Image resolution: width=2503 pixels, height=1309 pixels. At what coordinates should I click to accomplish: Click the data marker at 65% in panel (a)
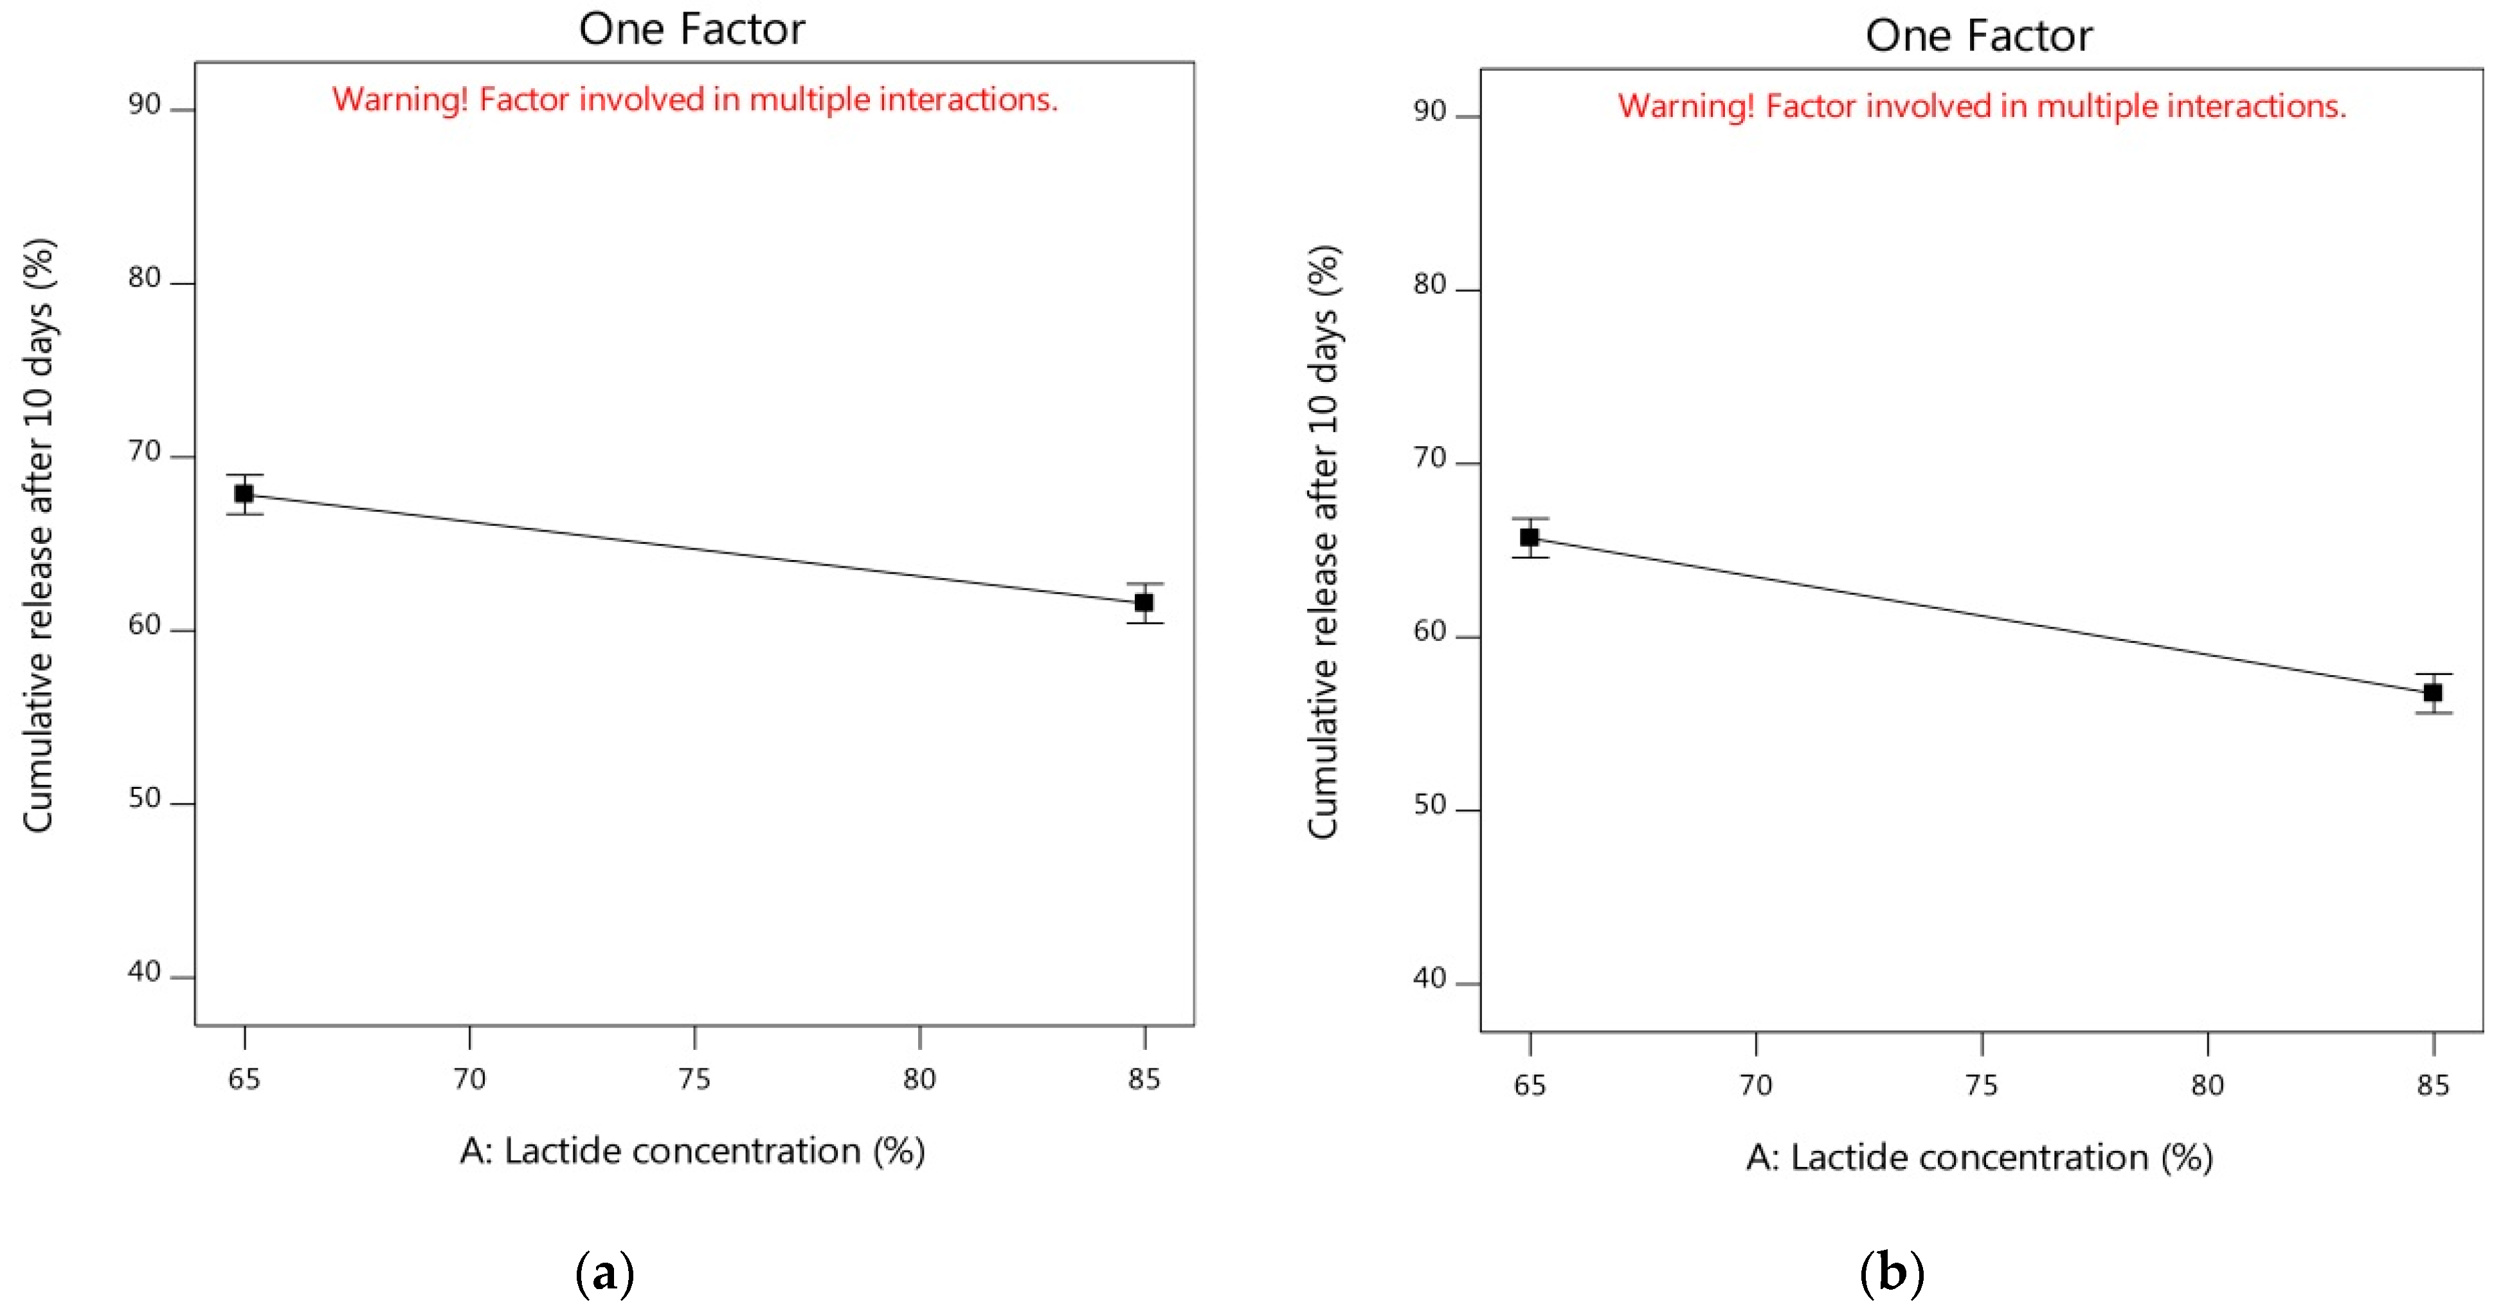tap(244, 494)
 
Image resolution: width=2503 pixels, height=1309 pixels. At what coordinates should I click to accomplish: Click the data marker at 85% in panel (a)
tap(1144, 602)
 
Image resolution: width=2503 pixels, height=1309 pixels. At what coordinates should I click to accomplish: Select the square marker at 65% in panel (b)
tap(1530, 537)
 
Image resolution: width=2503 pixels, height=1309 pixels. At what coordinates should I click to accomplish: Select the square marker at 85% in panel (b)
tap(2433, 693)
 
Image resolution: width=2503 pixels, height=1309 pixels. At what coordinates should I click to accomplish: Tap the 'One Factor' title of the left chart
tap(692, 29)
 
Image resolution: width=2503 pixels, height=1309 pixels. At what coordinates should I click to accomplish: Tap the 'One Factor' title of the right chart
tap(1978, 36)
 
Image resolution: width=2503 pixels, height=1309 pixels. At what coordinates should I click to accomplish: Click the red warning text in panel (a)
tap(695, 99)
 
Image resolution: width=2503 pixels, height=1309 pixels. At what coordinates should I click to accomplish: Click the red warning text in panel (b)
tap(1981, 106)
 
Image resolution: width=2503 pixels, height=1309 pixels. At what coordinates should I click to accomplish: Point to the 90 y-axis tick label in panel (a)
tap(144, 105)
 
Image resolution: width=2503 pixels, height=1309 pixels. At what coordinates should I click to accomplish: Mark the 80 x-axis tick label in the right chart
tap(2207, 1085)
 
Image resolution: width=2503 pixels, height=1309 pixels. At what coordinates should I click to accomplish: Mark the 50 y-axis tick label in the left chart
tap(144, 799)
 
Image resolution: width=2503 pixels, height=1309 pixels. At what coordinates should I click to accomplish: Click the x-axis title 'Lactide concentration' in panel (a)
tap(692, 1151)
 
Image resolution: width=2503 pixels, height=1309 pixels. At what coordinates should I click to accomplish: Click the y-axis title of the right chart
tap(1323, 541)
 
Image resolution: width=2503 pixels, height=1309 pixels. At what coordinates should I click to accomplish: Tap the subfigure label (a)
tap(604, 1272)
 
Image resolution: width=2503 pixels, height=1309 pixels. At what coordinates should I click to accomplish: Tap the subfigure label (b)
tap(1891, 1272)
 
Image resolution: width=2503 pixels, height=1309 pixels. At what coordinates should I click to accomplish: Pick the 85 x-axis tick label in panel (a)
tap(1144, 1079)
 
